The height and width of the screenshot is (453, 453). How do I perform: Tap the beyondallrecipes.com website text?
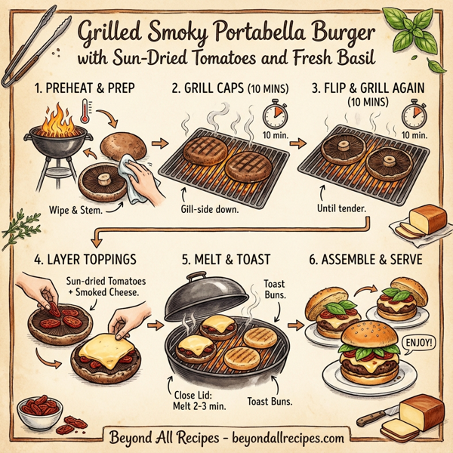point(286,437)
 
